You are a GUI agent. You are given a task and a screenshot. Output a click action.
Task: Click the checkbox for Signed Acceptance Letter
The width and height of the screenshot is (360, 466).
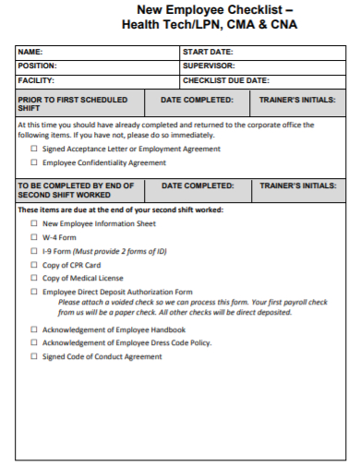35,149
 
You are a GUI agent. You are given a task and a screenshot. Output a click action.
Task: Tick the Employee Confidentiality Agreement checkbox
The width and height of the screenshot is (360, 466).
35,162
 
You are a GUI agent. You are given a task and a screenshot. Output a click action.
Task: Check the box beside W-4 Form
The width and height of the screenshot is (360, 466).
35,237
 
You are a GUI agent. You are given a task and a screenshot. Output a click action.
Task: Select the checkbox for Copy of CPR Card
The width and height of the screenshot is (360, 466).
35,265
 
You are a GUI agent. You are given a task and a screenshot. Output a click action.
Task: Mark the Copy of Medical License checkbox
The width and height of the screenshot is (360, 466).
35,278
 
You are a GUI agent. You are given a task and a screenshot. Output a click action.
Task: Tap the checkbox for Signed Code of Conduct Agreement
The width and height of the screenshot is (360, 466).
35,357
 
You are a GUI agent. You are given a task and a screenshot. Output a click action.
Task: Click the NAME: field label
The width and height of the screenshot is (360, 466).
30,53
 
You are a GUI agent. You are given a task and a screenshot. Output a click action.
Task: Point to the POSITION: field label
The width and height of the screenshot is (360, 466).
38,66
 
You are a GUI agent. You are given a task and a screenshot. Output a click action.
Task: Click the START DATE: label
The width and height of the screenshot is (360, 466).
208,53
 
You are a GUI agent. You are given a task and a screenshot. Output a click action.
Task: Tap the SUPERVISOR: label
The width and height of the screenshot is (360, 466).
210,66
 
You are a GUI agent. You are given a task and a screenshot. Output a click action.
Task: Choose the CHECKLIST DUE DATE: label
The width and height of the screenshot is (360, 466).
225,80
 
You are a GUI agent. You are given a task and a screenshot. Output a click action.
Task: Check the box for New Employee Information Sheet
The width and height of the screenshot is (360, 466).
35,223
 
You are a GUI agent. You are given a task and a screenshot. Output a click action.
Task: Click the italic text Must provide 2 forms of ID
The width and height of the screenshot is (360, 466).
121,251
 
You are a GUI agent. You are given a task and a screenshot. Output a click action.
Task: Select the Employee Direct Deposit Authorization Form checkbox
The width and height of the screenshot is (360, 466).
35,292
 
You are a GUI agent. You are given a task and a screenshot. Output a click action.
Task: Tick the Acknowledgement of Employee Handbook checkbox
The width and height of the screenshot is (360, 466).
35,329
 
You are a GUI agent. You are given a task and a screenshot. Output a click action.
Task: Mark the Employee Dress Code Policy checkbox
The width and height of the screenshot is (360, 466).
35,343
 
